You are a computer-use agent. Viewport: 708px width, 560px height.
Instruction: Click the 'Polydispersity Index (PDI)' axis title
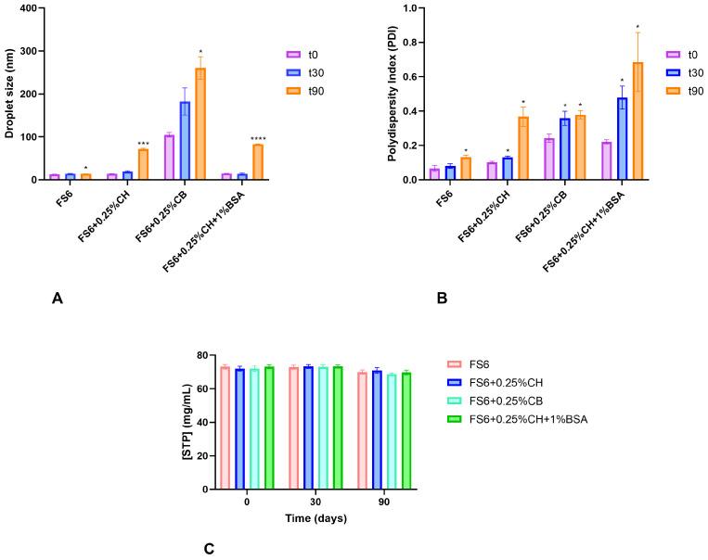click(366, 94)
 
